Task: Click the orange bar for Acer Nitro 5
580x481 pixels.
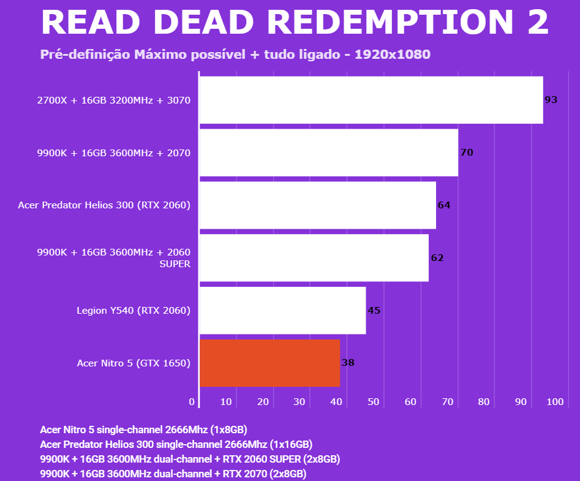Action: (269, 363)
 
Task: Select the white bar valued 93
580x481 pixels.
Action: (371, 100)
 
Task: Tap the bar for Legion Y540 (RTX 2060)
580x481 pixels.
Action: (282, 311)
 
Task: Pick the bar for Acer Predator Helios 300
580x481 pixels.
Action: (317, 205)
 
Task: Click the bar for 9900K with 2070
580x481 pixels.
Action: (329, 153)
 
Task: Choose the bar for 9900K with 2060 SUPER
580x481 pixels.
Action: (314, 258)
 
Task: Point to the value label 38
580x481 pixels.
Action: (348, 363)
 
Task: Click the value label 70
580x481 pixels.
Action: (467, 153)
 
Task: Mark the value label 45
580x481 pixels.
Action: (374, 311)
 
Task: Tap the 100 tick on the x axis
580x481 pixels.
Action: (554, 402)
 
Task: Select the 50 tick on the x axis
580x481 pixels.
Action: (373, 402)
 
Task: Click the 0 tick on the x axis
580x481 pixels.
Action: (192, 402)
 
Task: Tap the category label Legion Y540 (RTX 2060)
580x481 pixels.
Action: (134, 311)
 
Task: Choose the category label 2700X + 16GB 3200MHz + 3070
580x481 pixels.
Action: (114, 100)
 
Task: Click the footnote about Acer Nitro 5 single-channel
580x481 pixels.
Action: (143, 429)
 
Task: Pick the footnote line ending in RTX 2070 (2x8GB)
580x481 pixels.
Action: (173, 474)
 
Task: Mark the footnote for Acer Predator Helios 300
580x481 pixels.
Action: (176, 444)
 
